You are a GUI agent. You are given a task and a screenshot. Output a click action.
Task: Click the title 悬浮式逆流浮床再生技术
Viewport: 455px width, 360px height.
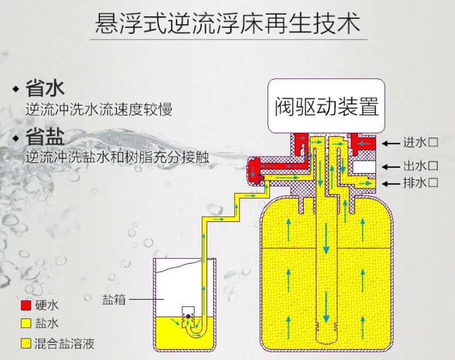click(x=228, y=24)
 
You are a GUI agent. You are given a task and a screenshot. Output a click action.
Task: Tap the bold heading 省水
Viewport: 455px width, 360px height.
click(x=45, y=88)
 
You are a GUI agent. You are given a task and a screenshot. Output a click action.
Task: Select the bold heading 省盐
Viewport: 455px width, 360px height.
click(x=45, y=137)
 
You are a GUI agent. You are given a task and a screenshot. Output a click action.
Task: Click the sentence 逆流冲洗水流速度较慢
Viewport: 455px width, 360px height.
click(x=99, y=109)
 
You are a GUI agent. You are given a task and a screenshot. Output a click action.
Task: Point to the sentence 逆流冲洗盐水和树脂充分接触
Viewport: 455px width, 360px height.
click(x=117, y=157)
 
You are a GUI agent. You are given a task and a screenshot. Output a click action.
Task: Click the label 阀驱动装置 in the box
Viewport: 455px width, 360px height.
click(x=326, y=106)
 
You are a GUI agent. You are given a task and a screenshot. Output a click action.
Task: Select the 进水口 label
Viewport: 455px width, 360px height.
click(x=420, y=143)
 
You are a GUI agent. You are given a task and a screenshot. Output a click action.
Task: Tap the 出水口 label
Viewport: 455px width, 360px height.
click(x=420, y=166)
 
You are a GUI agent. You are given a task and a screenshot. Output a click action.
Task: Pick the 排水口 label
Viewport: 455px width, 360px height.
click(x=420, y=183)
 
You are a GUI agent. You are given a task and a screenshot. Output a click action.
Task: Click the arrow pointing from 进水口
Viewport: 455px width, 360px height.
click(x=391, y=144)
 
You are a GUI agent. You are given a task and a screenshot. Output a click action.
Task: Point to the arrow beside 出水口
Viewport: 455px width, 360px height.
click(x=391, y=166)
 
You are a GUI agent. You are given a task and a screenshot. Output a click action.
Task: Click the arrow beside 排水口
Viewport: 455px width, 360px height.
click(x=391, y=183)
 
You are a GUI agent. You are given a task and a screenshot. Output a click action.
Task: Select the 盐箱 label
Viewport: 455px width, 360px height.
click(x=114, y=300)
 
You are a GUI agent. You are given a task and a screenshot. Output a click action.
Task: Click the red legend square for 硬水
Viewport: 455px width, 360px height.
click(x=25, y=305)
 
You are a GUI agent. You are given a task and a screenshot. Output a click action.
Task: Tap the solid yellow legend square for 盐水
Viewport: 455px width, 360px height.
click(x=25, y=324)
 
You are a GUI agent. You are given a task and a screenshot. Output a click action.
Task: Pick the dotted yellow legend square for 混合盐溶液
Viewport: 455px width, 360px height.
click(x=25, y=344)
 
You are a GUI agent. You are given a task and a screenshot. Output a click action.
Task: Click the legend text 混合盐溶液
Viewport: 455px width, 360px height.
click(x=64, y=344)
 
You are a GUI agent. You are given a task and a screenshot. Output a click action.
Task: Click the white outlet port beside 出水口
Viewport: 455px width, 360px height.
click(x=363, y=165)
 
